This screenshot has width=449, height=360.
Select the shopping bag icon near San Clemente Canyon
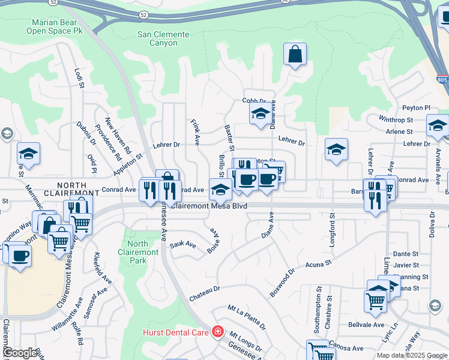pos(295,55)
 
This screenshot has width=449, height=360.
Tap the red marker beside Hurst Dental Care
pos(217,332)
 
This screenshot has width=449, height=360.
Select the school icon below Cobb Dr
pos(260,113)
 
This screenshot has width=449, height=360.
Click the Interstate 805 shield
pos(442,79)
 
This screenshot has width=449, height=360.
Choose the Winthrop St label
pos(397,119)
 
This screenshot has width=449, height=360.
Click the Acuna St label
pos(319,264)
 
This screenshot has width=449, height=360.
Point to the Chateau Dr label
pos(205,289)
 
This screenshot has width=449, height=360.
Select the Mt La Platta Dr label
pos(247,317)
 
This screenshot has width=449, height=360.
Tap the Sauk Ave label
pos(183,245)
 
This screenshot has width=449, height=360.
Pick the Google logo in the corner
pos(20,352)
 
